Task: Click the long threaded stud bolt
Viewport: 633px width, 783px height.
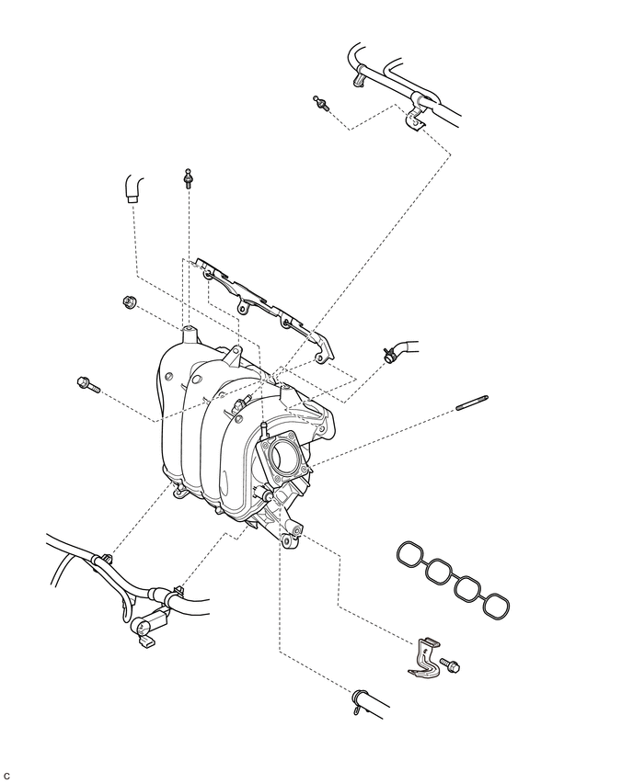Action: click(x=472, y=403)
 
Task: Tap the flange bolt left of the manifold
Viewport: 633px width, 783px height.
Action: click(x=88, y=384)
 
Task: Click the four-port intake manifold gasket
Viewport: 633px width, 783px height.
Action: click(x=453, y=578)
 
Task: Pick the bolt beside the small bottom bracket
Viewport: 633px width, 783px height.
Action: click(x=450, y=664)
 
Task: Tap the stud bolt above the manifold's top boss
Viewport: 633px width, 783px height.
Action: click(x=188, y=178)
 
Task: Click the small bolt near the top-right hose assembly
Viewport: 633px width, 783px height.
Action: click(x=321, y=102)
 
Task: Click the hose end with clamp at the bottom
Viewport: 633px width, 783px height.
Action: click(x=369, y=704)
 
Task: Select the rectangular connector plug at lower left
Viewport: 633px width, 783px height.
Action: click(x=145, y=642)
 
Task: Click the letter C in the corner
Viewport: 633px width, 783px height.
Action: click(x=6, y=776)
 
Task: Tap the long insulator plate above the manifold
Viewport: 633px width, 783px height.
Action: click(x=265, y=310)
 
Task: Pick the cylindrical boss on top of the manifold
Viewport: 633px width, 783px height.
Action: click(x=190, y=335)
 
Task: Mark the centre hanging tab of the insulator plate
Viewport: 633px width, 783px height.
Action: click(x=243, y=306)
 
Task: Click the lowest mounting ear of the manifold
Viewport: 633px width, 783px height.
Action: click(x=286, y=541)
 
